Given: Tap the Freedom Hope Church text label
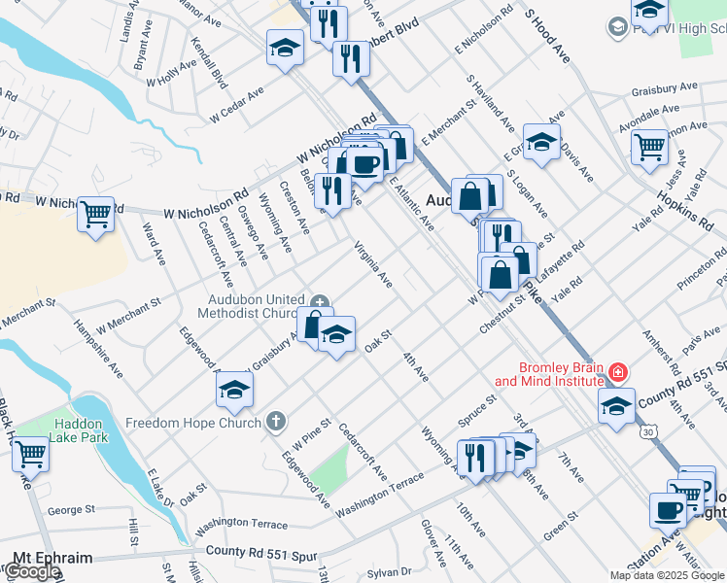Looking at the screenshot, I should pyautogui.click(x=193, y=423).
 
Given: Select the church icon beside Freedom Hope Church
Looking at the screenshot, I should pyautogui.click(x=276, y=422).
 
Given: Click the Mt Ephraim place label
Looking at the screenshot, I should pyautogui.click(x=52, y=559).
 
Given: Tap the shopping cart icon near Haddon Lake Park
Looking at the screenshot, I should pyautogui.click(x=31, y=454).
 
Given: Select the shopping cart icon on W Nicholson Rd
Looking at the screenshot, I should pyautogui.click(x=95, y=213).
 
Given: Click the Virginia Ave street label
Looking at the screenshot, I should pyautogui.click(x=373, y=264).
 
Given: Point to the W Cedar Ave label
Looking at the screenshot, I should pyautogui.click(x=237, y=106).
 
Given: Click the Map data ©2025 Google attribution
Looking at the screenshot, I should pyautogui.click(x=667, y=575).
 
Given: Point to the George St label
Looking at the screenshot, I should pyautogui.click(x=71, y=509).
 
